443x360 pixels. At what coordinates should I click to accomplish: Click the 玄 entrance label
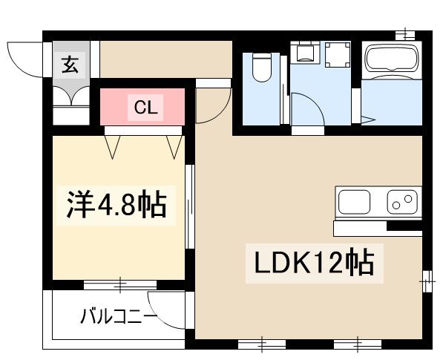69,65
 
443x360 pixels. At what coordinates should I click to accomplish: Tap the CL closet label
145,108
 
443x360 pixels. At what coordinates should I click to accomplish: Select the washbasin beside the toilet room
303,50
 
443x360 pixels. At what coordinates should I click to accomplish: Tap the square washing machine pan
338,53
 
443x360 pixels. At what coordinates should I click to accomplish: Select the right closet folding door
175,145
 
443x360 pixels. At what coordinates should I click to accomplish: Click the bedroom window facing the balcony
119,283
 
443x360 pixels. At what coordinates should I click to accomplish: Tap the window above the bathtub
405,34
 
